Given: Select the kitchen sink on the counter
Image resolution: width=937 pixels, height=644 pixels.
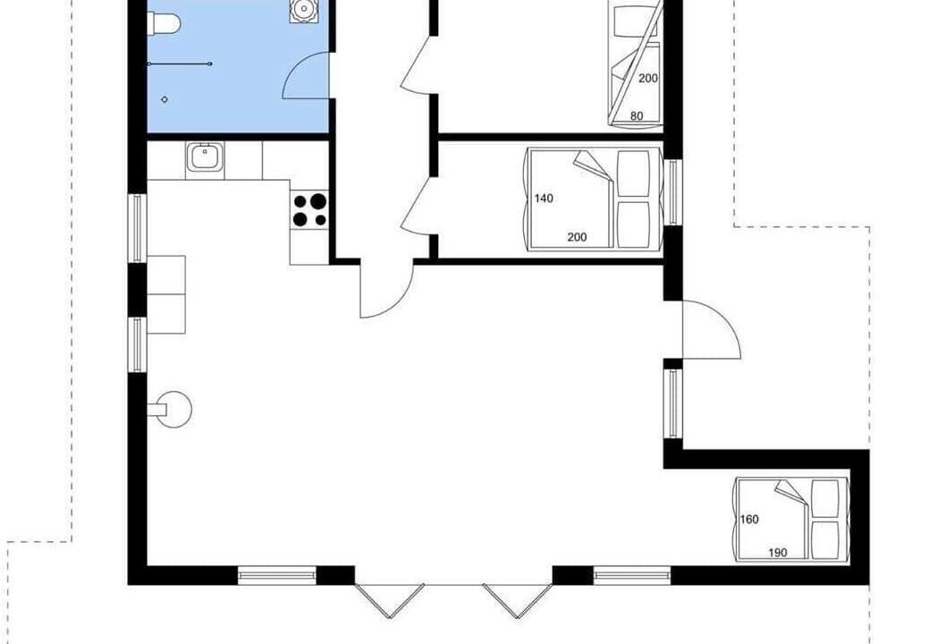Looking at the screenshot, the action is pos(205,158).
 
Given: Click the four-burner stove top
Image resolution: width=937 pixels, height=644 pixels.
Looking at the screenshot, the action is pos(309,210).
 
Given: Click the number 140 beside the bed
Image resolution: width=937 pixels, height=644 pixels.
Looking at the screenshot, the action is pos(544,199).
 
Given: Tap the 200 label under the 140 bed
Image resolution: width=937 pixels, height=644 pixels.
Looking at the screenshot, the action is pos(577,237).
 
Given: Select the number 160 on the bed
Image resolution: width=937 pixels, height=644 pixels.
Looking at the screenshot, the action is pos(749,519).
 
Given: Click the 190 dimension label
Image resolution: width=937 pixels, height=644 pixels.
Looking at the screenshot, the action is pos(778,553).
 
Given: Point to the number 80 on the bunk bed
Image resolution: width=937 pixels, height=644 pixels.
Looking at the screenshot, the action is pos(637,116).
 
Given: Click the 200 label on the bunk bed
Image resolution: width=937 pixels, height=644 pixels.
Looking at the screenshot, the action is pos(648,78).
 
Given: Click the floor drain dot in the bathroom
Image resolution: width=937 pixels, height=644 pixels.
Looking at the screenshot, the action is pos(165,99).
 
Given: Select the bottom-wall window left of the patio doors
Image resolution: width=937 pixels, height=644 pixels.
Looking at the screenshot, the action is pos(276,575).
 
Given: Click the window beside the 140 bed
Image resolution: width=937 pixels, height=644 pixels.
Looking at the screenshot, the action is pos(673,192).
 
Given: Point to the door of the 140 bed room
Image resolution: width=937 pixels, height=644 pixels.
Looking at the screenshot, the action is pos(416,207).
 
